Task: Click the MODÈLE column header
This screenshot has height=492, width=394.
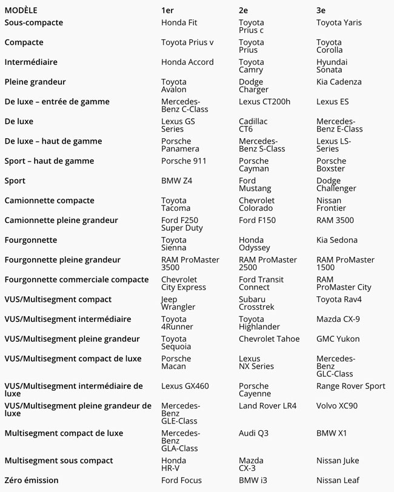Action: (21, 10)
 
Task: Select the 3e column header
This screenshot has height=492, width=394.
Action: (321, 10)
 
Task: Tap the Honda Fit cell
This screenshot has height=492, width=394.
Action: (179, 22)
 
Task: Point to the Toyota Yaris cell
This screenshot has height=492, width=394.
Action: (339, 22)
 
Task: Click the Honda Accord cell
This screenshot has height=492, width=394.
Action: (187, 62)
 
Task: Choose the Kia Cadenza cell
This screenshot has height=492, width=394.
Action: (339, 82)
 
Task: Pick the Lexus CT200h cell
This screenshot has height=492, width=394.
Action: (264, 101)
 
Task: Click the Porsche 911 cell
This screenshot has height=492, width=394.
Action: (184, 161)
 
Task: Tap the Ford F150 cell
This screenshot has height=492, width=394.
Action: (257, 220)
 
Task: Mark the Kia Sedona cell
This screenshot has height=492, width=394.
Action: (337, 240)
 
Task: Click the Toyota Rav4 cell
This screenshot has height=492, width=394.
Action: (339, 299)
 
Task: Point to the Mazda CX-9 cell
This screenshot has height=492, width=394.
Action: (338, 319)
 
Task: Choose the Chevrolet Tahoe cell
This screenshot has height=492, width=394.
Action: (269, 339)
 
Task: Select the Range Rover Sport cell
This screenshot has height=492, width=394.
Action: (350, 386)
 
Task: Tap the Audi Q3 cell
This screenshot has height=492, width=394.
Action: (253, 433)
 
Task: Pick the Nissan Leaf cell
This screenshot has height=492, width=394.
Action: (338, 480)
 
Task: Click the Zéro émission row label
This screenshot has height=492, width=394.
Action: (32, 480)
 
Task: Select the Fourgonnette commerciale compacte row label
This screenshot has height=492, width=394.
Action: (76, 279)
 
